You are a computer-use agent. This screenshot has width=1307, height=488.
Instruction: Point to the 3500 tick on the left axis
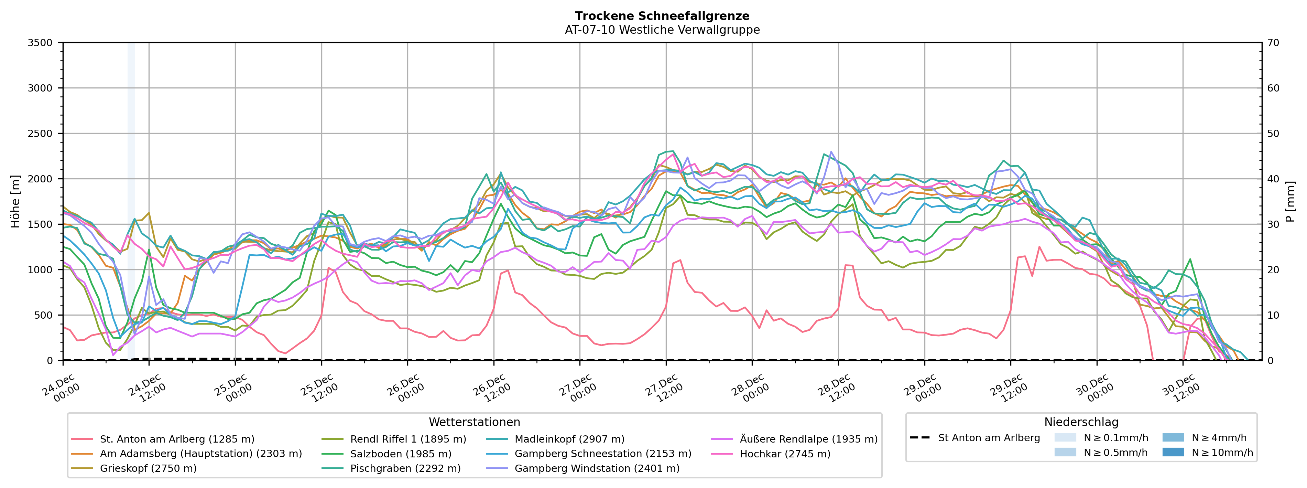40,43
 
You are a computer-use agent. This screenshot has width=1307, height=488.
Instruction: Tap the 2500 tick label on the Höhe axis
40,134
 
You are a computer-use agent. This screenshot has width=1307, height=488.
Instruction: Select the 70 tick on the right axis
1274,43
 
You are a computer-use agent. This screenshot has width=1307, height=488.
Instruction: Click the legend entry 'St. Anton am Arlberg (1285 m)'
176,439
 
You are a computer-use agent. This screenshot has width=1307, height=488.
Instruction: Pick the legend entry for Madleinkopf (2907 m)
569,439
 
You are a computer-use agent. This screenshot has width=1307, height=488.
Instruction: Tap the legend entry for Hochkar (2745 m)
785,454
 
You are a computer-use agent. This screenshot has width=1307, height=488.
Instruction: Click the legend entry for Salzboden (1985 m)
400,454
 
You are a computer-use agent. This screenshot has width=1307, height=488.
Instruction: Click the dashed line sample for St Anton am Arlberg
920,438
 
